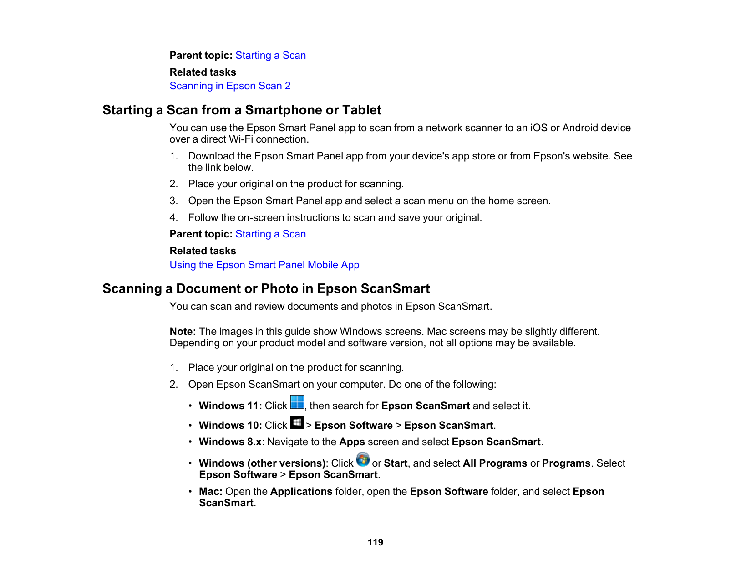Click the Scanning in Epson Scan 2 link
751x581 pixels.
pos(230,86)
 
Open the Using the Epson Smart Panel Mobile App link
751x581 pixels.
pos(264,265)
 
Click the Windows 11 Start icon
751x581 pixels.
pos(297,402)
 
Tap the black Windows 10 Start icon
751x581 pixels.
pos(297,422)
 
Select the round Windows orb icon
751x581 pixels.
pos(363,460)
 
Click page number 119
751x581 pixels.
pos(375,542)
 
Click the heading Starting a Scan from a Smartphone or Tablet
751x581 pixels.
pos(242,110)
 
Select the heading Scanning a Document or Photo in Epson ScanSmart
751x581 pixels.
pos(266,289)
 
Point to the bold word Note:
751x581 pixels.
pos(183,332)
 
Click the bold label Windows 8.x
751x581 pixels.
pos(230,442)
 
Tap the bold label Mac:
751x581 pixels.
pos(210,492)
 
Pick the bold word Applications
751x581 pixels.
pos(301,492)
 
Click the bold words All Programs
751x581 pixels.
pos(495,463)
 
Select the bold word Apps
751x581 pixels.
pos(352,442)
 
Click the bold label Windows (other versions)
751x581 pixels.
pos(262,463)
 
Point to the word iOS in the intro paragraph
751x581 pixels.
pos(539,128)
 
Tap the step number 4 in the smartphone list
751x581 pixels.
pos(173,218)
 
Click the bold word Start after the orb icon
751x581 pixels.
pos(396,463)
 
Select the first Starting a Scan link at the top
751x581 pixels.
pos(270,56)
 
